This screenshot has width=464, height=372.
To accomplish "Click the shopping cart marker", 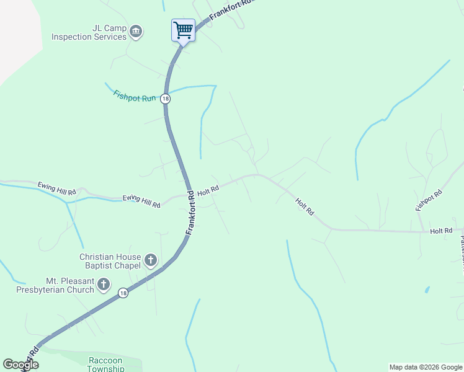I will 183,30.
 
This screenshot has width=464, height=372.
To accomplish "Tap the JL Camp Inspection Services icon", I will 136,30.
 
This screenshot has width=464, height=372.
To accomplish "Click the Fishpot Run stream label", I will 135,97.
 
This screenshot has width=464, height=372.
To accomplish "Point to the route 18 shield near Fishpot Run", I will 165,99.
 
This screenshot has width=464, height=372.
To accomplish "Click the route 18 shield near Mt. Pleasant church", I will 123,293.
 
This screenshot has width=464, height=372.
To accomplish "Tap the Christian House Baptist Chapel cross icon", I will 150,260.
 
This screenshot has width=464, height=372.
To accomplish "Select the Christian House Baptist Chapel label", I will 110,261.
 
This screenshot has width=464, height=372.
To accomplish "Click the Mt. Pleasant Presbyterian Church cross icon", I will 104,285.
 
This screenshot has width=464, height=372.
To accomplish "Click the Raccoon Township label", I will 106,365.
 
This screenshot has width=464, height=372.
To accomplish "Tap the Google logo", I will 20,365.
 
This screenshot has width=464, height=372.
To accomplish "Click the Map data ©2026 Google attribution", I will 426,367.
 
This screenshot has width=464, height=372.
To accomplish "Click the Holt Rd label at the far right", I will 441,231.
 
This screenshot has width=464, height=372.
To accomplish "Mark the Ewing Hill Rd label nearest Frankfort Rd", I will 141,200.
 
